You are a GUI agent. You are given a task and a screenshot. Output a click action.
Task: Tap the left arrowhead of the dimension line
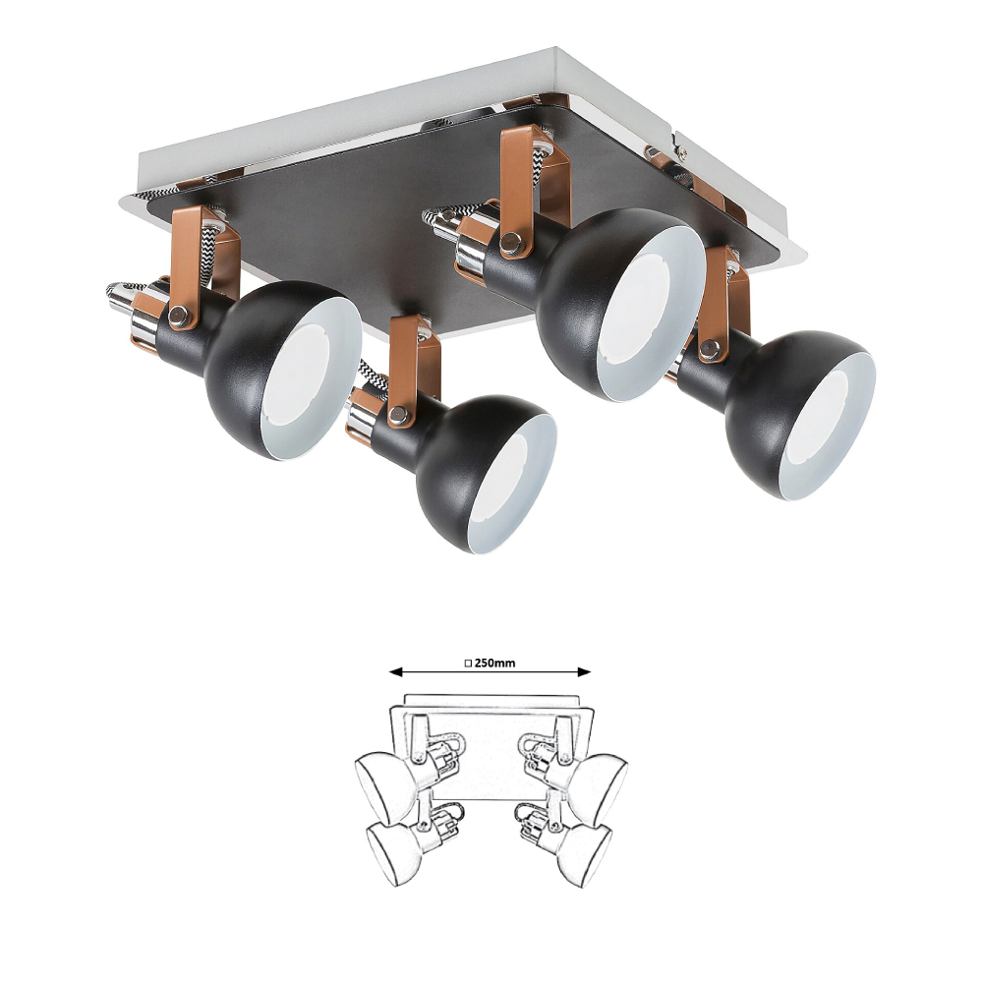[395, 672]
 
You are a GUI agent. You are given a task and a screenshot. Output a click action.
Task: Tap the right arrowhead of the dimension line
[584, 672]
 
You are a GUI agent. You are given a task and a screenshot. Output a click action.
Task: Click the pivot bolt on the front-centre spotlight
[396, 414]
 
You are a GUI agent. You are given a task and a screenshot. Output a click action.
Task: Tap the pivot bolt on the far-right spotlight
[710, 347]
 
